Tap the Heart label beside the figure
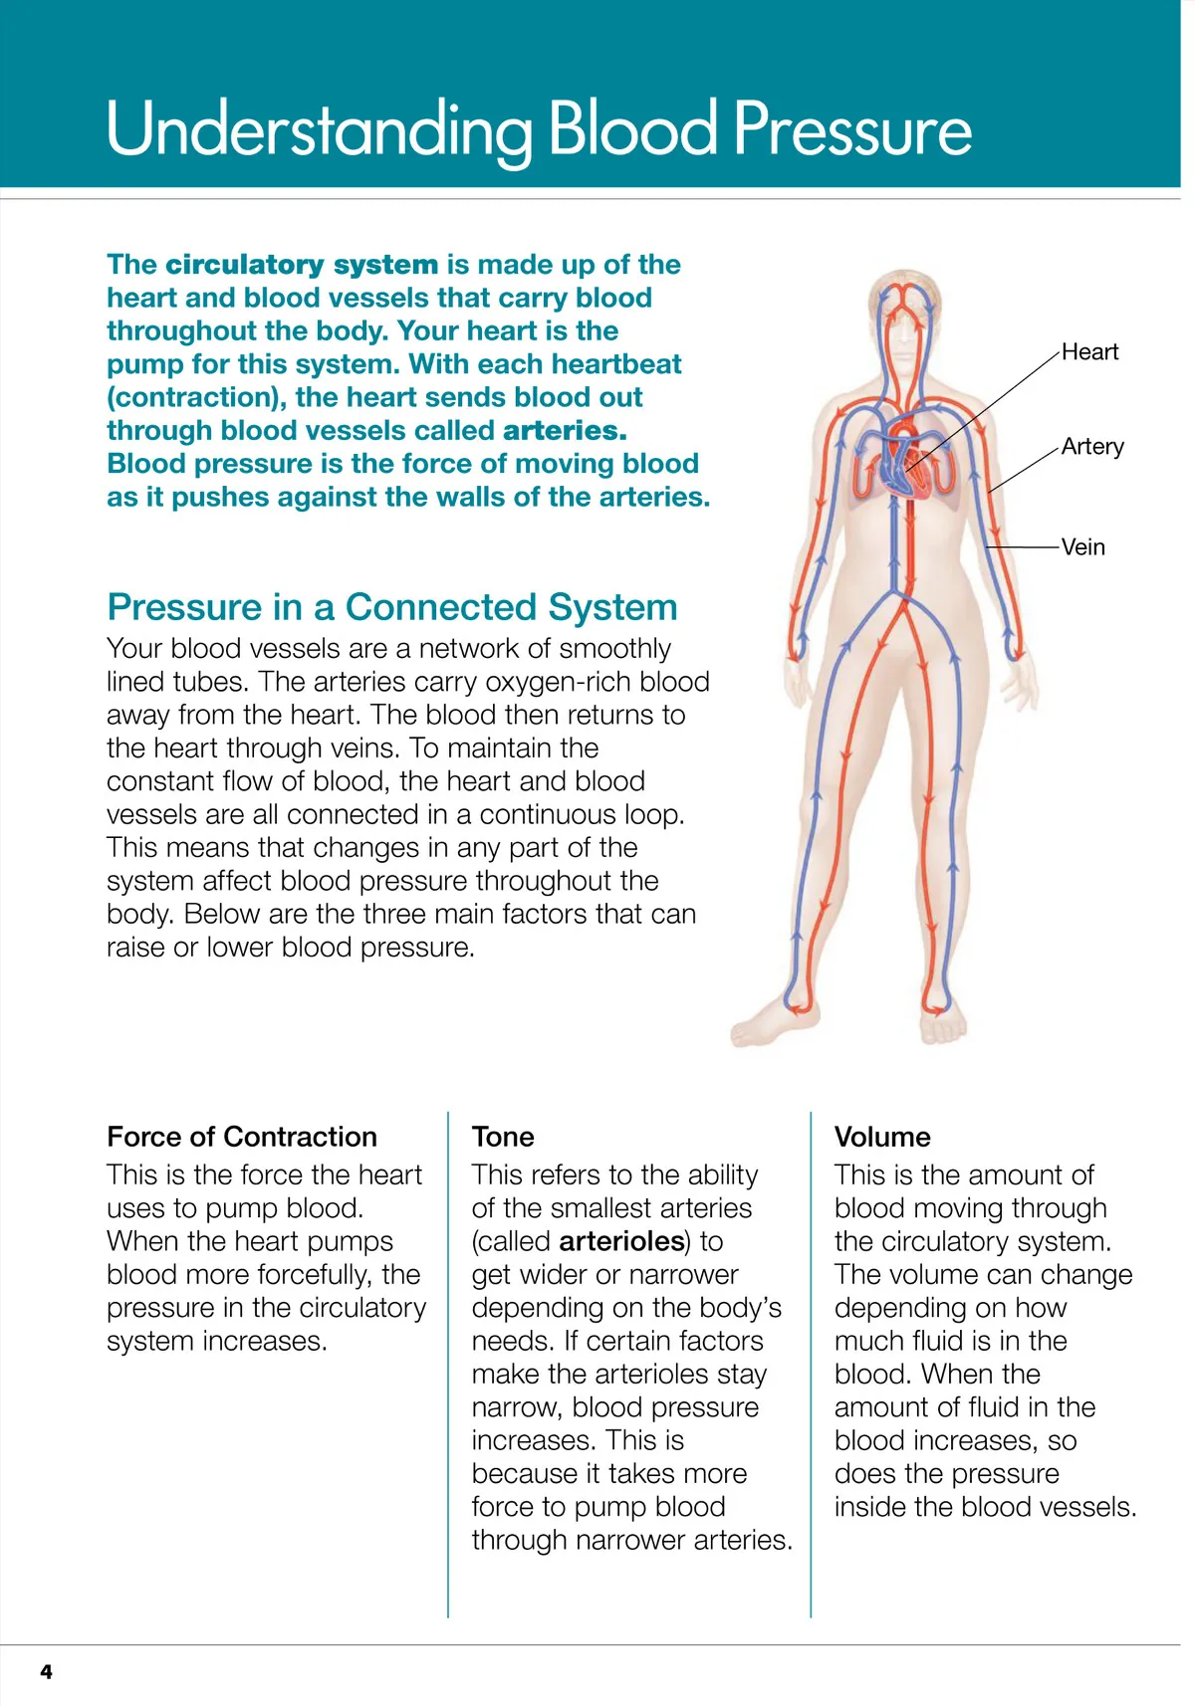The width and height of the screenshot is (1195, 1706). point(1089,352)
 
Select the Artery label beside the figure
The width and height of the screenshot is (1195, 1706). point(1092,447)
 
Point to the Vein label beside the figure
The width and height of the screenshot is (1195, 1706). point(1082,547)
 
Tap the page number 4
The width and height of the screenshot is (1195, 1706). point(46,1671)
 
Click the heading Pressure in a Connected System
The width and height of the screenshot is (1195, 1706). point(392,607)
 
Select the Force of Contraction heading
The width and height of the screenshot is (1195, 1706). point(242,1137)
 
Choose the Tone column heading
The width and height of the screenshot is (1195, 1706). point(503,1137)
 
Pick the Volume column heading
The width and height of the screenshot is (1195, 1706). point(882,1137)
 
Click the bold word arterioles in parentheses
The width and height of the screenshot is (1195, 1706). point(622,1241)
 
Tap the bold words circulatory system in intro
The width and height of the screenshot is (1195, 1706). point(302,265)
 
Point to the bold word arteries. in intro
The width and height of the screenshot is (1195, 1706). point(565,431)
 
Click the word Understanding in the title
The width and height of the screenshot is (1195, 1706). point(319,131)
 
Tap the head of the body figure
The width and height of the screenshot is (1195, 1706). point(906,309)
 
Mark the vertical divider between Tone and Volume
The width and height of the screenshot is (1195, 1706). point(811,1364)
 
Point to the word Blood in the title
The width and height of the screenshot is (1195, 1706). point(632,129)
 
